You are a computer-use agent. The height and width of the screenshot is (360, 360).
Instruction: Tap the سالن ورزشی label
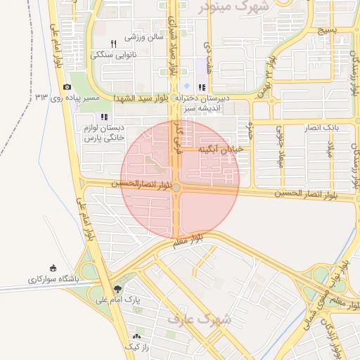point(144,35)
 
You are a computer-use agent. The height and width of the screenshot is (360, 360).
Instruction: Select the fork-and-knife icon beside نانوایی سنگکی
point(114,44)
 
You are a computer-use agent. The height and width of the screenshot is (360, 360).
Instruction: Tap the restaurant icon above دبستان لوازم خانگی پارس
point(105,117)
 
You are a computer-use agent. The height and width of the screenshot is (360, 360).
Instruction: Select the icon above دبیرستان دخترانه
point(202,88)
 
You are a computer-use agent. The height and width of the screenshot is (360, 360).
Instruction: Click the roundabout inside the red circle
point(176,187)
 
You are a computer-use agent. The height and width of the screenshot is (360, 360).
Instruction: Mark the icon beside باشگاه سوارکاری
point(53,268)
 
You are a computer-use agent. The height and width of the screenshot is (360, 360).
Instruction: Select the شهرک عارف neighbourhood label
point(190,319)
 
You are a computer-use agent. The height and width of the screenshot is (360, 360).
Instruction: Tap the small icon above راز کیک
point(136,337)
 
